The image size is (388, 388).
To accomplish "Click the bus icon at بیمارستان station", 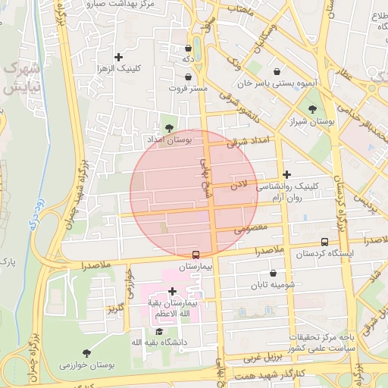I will click(x=196, y=255).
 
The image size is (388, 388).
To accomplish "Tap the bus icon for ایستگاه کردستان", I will click(x=324, y=242).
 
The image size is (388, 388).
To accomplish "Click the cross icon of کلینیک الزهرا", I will click(x=118, y=57).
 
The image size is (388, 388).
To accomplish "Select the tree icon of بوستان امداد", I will click(x=168, y=128).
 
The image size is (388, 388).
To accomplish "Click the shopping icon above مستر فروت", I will click(x=188, y=77).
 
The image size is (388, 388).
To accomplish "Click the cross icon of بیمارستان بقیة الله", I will click(x=172, y=291).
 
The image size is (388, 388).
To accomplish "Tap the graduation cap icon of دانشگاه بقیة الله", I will click(x=158, y=331).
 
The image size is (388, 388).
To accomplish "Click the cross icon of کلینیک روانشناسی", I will click(x=286, y=174).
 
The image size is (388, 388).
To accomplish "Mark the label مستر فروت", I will click(x=188, y=89).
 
